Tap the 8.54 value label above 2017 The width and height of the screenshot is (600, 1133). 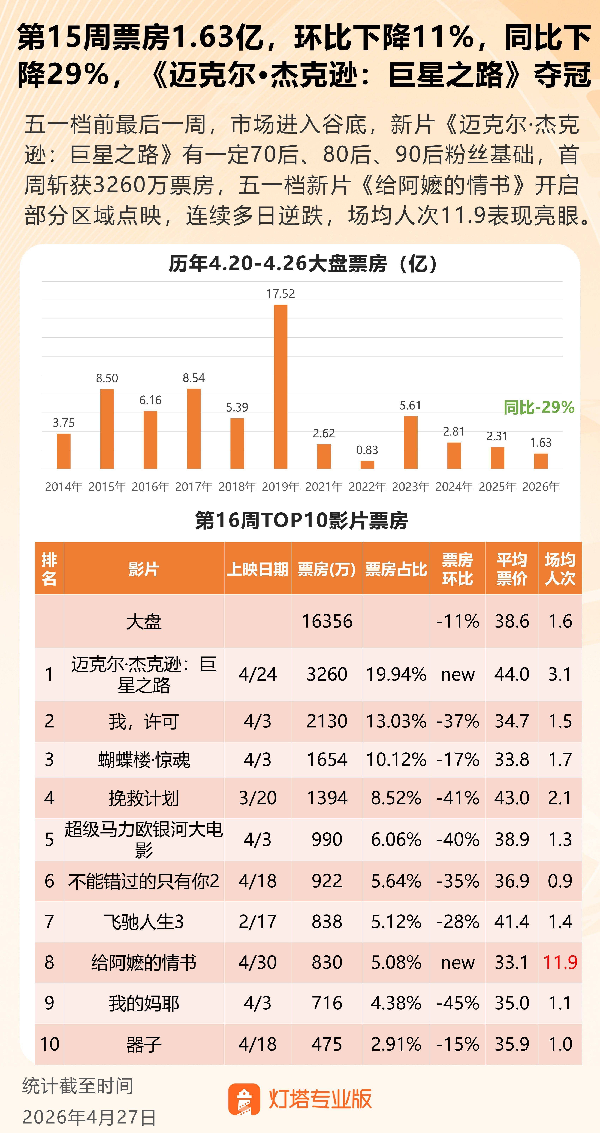click(x=194, y=378)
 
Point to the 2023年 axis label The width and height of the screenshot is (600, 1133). click(x=410, y=487)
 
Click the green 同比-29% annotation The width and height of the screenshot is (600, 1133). click(x=539, y=407)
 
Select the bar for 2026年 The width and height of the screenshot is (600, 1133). click(x=541, y=461)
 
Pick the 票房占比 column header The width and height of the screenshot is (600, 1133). click(x=396, y=569)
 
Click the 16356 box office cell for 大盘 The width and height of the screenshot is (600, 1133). click(x=327, y=621)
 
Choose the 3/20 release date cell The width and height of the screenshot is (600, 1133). click(x=258, y=798)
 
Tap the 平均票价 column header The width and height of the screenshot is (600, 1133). click(x=511, y=569)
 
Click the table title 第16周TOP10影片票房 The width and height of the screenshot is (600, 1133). click(x=301, y=521)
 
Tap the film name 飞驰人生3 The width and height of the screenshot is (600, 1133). click(x=144, y=922)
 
